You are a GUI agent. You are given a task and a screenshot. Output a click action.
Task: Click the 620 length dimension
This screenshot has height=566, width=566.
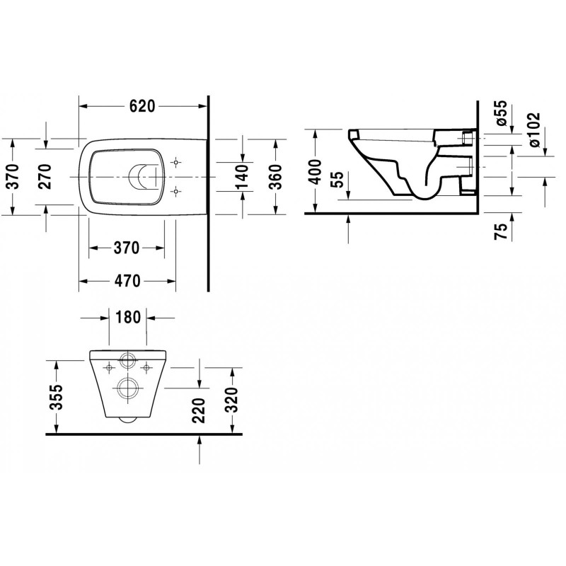142,106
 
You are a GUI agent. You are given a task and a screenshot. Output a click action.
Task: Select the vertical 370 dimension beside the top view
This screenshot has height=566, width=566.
13,176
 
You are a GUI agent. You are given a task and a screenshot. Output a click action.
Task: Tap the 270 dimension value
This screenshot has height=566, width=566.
45,176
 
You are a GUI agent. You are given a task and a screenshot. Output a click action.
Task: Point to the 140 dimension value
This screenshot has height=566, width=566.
242,176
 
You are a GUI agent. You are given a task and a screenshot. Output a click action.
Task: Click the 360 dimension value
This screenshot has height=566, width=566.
276,176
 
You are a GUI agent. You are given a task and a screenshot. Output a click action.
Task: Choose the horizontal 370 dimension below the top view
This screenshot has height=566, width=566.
127,248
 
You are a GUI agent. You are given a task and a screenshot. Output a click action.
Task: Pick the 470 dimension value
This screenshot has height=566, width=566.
127,281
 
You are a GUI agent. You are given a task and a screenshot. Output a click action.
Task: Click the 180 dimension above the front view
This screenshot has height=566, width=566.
128,318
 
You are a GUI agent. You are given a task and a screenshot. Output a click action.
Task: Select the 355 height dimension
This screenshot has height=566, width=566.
56,397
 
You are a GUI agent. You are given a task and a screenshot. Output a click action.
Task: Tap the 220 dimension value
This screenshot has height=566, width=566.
199,410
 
